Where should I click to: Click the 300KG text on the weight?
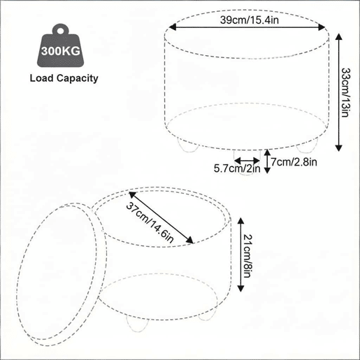click(61, 50)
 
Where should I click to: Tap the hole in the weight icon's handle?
click(61, 31)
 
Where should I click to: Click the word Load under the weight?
click(42, 78)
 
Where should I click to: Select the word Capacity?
click(78, 78)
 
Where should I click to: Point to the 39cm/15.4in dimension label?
click(250, 20)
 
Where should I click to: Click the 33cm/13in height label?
click(346, 92)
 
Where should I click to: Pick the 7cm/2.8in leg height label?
click(294, 161)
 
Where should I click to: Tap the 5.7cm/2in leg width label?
click(237, 168)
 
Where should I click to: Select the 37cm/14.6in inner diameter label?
click(150, 223)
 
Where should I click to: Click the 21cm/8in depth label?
click(248, 256)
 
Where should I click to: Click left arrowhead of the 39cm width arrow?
click(173, 27)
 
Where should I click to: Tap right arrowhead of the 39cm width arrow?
click(322, 27)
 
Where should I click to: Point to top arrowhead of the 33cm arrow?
click(338, 37)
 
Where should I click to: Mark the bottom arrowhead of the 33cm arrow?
click(338, 147)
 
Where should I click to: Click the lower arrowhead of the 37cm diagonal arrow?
click(189, 240)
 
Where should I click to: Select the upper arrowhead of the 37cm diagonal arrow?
click(133, 195)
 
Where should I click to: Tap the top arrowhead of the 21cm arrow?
click(240, 221)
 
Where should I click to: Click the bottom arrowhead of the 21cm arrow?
click(240, 288)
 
